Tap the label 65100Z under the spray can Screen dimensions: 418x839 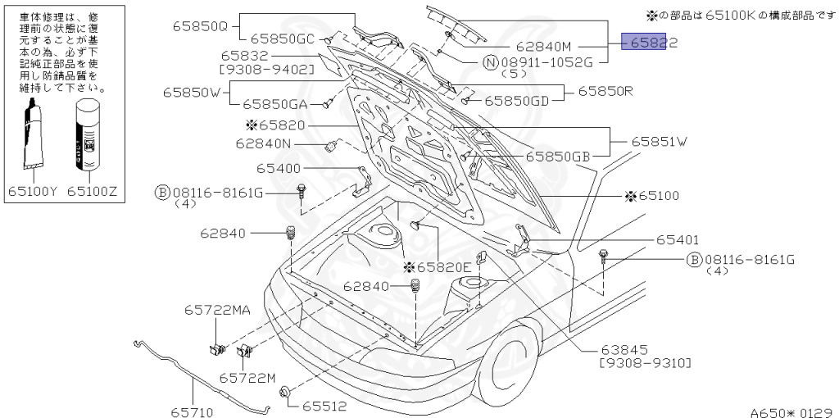pyautogui.click(x=92, y=192)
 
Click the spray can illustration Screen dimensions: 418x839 pyautogui.click(x=88, y=136)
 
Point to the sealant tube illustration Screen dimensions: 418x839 pyautogui.click(x=33, y=136)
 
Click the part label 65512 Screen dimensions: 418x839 pyautogui.click(x=324, y=406)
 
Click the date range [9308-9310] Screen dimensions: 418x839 pyautogui.click(x=646, y=362)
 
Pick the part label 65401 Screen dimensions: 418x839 pyautogui.click(x=678, y=240)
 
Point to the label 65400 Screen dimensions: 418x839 pyautogui.click(x=278, y=168)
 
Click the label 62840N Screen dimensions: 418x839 pyautogui.click(x=263, y=143)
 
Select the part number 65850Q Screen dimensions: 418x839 pyautogui.click(x=199, y=25)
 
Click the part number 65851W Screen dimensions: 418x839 pyautogui.click(x=659, y=141)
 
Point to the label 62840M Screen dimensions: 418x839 pyautogui.click(x=542, y=48)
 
